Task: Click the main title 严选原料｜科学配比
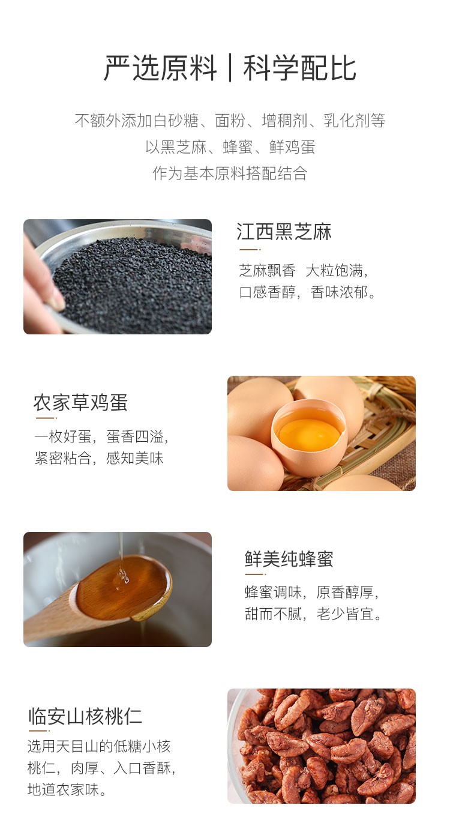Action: pos(230,68)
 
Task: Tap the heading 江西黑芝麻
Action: pos(284,232)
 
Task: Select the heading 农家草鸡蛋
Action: pos(80,402)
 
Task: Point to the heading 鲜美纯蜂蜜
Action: pos(289,559)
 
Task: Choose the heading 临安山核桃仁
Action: pos(85,716)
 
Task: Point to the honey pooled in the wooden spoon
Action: pos(123,588)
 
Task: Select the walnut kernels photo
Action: pos(321,746)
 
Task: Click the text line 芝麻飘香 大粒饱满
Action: pos(303,271)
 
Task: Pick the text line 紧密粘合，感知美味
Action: pos(99,459)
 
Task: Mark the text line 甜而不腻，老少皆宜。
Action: pos(314,614)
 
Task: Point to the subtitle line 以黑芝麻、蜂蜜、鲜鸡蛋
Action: pos(230,147)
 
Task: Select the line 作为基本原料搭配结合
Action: pos(230,173)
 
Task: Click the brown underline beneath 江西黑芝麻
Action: pos(248,249)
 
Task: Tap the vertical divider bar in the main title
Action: pos(230,69)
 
